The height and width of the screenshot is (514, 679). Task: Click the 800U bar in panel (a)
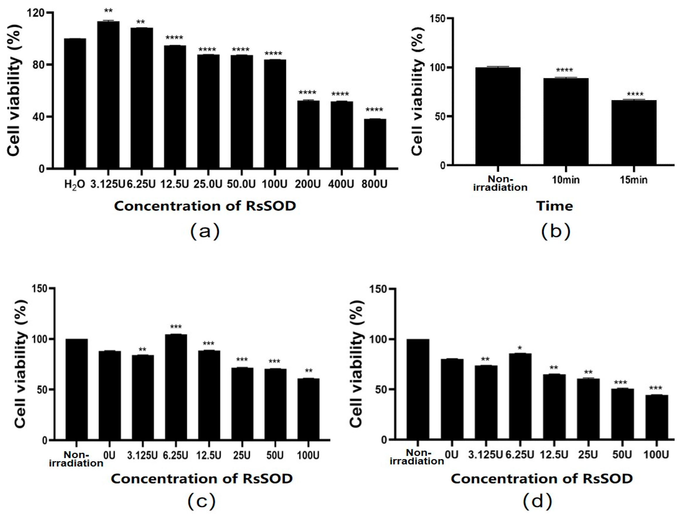pos(375,143)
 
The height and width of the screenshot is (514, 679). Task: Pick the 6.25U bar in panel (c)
pos(176,387)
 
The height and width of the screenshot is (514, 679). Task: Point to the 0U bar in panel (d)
pos(452,399)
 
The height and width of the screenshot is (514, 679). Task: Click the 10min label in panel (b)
pos(566,180)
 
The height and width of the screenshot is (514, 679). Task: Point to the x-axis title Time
pos(554,206)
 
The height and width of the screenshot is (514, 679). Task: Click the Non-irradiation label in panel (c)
pos(76,459)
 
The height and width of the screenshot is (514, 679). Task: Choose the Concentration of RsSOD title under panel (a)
pos(205,206)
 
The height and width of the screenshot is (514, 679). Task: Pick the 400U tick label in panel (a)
pos(341,184)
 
